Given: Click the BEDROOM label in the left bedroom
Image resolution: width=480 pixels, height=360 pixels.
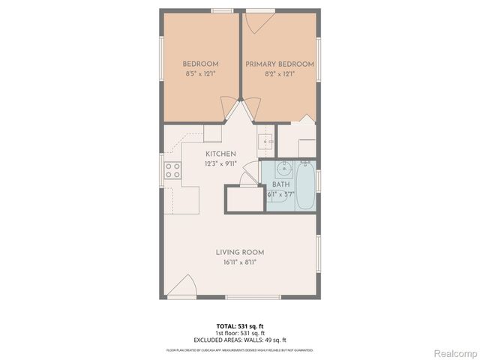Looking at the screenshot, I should tap(201, 64).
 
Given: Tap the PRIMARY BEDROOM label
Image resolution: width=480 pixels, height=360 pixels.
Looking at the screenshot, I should tap(279, 64).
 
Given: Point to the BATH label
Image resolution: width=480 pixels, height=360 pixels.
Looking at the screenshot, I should tap(280, 184).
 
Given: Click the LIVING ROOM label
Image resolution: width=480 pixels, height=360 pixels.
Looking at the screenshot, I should tap(240, 252).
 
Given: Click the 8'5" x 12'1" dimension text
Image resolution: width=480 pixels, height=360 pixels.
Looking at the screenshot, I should tap(201, 74).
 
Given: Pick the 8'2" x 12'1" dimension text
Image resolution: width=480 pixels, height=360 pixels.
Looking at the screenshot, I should tap(279, 74).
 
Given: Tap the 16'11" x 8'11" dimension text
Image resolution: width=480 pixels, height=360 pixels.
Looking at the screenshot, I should tap(240, 262).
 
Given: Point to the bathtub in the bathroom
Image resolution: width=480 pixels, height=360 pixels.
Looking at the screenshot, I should tap(305, 186).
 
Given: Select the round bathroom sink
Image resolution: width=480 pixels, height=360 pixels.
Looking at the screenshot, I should tap(283, 168).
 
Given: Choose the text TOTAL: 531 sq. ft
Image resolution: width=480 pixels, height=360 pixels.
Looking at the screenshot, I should tap(240, 325).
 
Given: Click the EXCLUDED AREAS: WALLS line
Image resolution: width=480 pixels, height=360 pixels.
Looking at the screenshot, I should tap(240, 340).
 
